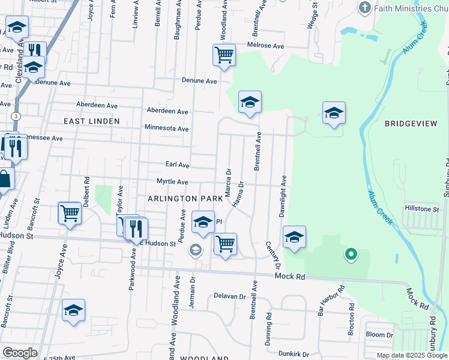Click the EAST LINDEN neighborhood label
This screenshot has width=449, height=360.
[92, 121]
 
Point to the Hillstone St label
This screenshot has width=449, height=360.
[423, 209]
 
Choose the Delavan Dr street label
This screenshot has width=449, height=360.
[230, 296]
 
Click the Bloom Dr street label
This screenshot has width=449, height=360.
[379, 334]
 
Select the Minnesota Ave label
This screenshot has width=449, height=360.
[166, 128]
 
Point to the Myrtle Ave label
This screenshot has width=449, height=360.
[172, 182]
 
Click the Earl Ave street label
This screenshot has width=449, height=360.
[177, 165]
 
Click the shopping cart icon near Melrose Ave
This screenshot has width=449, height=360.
[224, 55]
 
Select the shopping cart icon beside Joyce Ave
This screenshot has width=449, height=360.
[70, 212]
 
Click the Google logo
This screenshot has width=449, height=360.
[20, 353]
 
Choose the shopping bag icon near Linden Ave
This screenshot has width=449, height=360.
[4, 179]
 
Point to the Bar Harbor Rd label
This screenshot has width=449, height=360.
[331, 302]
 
